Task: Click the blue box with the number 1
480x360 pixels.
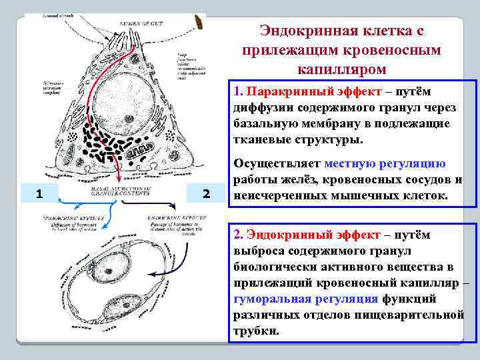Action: click(x=40, y=194)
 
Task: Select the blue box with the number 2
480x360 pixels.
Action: click(x=206, y=194)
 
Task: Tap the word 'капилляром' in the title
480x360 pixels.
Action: click(x=339, y=69)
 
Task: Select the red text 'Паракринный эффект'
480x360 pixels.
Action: click(x=301, y=91)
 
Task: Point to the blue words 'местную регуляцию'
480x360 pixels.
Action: click(x=385, y=164)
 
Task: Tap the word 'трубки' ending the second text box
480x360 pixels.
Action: click(x=254, y=331)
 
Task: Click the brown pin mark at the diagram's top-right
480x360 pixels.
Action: click(x=198, y=21)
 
